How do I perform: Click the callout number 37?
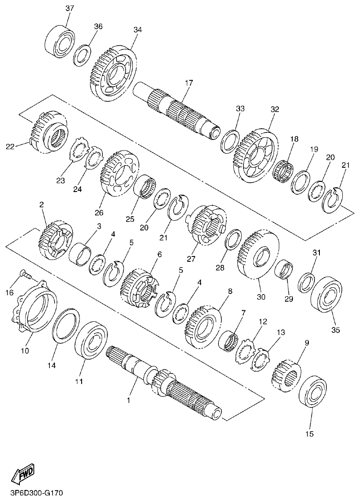click(70, 9)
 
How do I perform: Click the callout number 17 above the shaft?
click(189, 83)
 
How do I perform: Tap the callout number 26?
click(98, 213)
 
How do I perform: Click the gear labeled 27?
click(206, 225)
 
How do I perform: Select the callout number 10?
click(25, 351)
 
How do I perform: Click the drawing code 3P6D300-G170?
click(35, 491)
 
